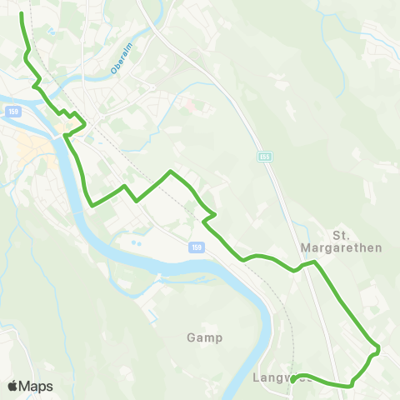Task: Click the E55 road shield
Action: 264,156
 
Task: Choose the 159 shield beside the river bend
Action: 195,247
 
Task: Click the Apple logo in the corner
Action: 12,386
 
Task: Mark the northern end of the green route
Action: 21,14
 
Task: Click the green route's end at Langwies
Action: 293,379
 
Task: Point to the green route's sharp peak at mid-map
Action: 171,172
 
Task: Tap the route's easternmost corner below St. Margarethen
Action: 378,348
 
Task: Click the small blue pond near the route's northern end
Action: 51,31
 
